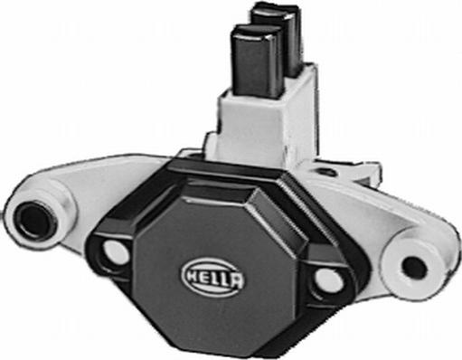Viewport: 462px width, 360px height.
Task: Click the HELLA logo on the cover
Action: pos(213,274)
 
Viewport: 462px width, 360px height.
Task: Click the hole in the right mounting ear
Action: pos(413,267)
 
